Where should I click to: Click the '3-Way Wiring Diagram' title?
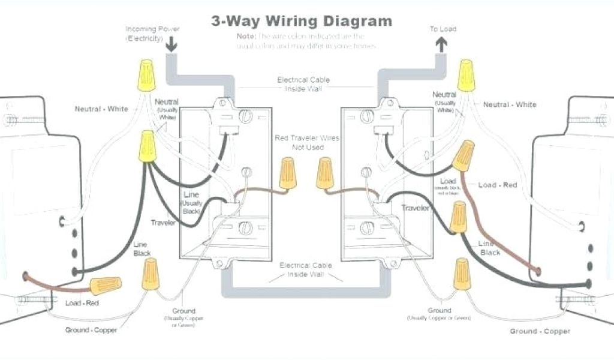(302, 21)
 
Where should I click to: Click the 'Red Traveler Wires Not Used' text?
(307, 143)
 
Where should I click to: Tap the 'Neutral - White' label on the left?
(101, 109)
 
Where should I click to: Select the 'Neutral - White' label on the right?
(510, 104)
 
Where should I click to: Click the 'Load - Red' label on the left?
(82, 304)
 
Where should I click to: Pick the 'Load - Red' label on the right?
(497, 185)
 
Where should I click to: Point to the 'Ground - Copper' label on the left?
(91, 330)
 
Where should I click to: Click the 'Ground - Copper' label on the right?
(540, 331)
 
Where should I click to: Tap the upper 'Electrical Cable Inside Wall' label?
(303, 84)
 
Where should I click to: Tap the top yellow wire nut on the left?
(146, 74)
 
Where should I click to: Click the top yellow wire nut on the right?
(466, 75)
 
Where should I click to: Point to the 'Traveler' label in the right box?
(416, 208)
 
